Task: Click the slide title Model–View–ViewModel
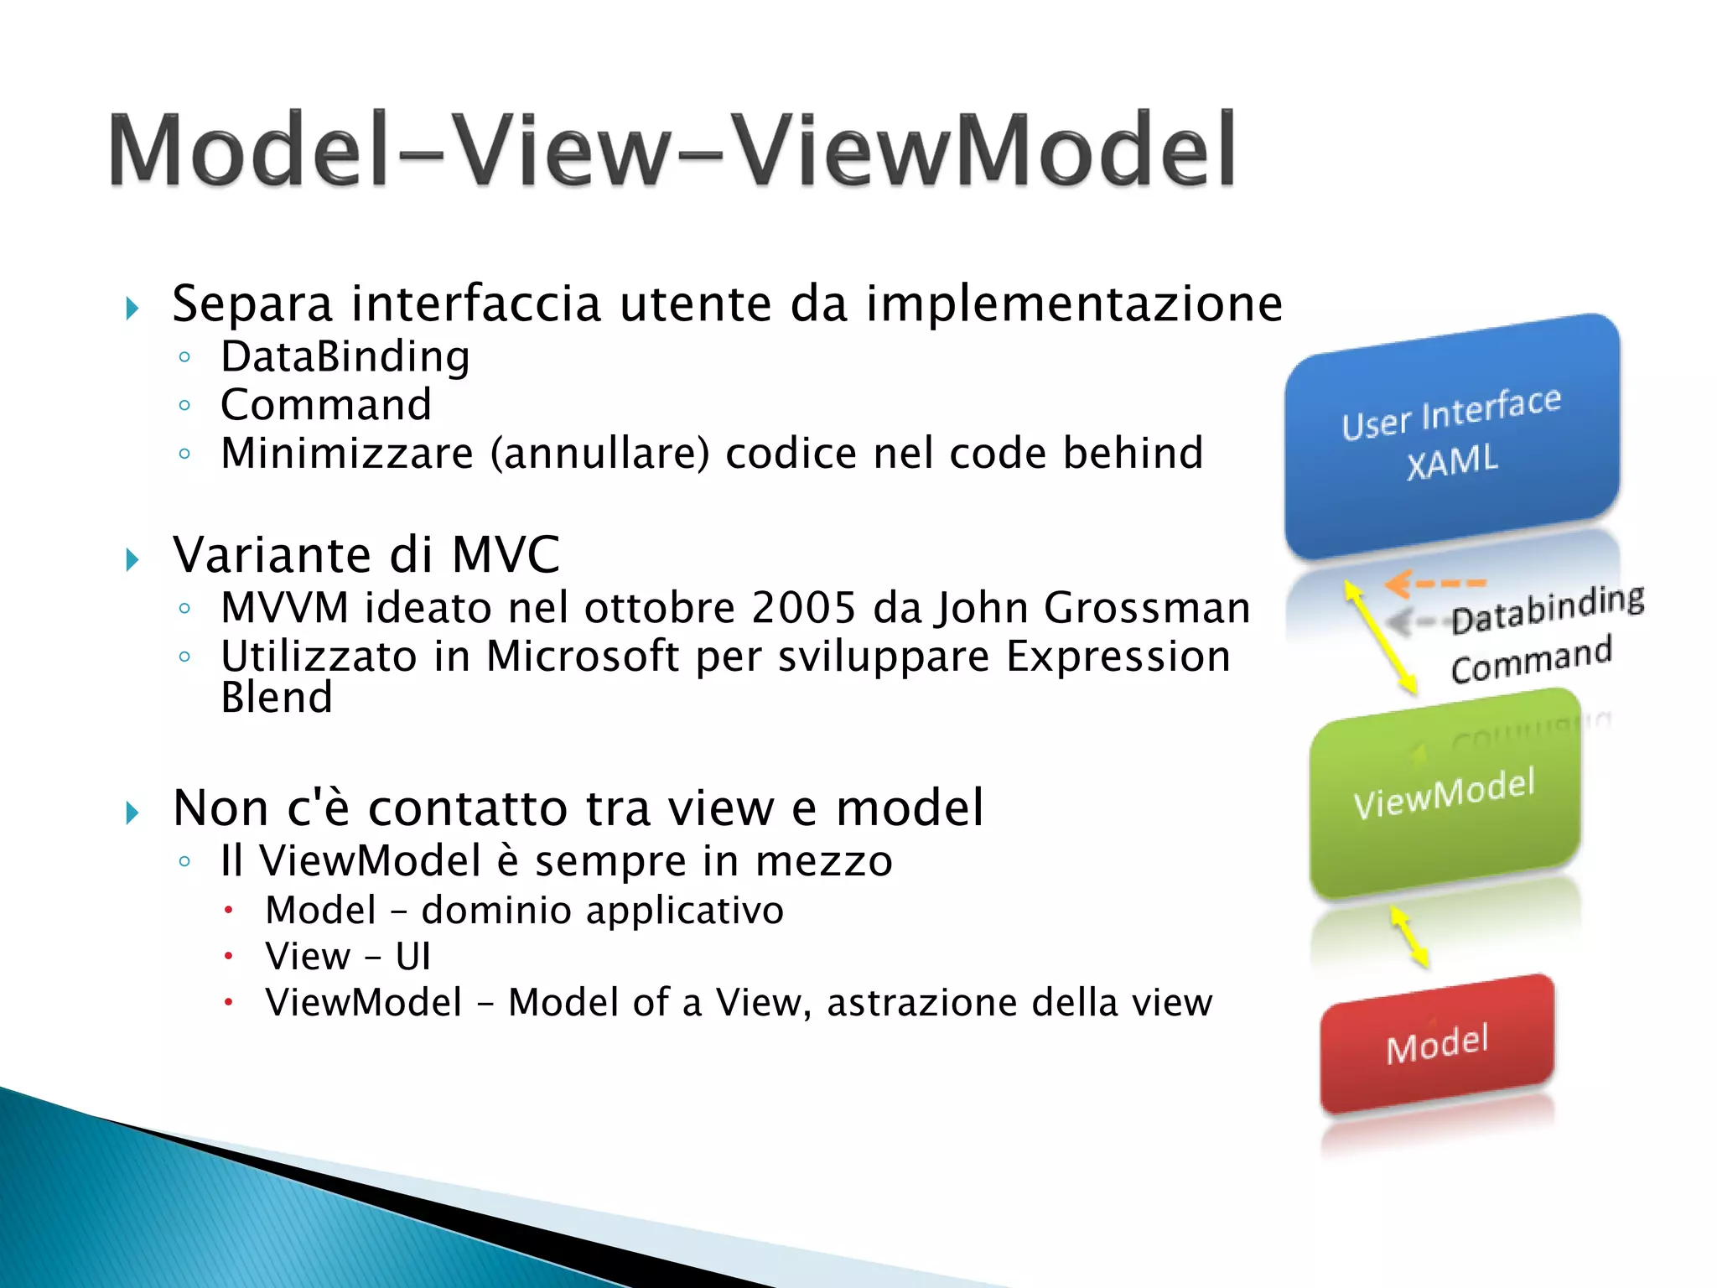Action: pyautogui.click(x=671, y=151)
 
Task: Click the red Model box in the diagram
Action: pyautogui.click(x=1437, y=1045)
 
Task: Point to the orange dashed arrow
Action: pyautogui.click(x=1434, y=582)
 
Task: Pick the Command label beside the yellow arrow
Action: pyautogui.click(x=1531, y=661)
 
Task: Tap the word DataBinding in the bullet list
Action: pyautogui.click(x=345, y=357)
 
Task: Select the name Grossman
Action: pyautogui.click(x=1147, y=607)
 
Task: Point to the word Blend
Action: pyautogui.click(x=277, y=698)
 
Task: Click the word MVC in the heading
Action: pyautogui.click(x=506, y=555)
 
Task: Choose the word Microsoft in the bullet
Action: pyautogui.click(x=583, y=656)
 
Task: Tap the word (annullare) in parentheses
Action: pyautogui.click(x=599, y=454)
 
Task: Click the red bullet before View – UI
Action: pyautogui.click(x=227, y=956)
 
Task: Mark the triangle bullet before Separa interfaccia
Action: pyautogui.click(x=132, y=308)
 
